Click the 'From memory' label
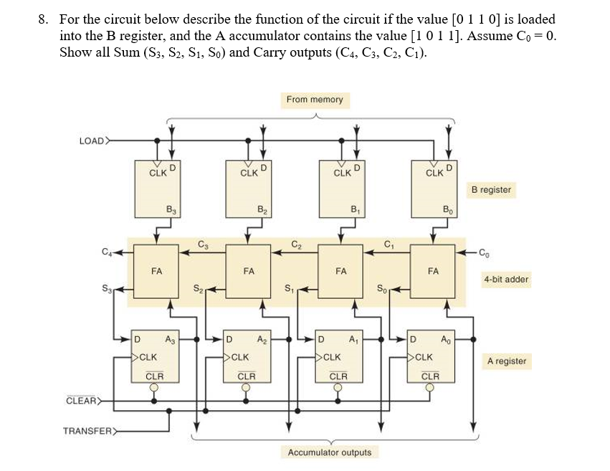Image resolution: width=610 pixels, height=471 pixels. point(315,100)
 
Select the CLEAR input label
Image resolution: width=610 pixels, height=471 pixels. point(80,400)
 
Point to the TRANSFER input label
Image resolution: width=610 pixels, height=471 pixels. point(87,431)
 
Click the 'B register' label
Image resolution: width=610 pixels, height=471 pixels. point(491,190)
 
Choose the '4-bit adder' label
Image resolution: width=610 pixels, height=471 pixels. point(506,279)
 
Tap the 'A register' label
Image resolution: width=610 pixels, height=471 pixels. point(506,361)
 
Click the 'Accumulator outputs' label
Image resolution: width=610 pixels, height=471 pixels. point(330,452)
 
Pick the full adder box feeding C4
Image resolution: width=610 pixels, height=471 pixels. point(157,272)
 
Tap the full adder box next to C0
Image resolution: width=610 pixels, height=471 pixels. point(433,272)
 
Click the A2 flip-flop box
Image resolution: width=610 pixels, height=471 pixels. point(248,356)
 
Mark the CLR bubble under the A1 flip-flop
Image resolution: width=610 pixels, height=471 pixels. point(338,388)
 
